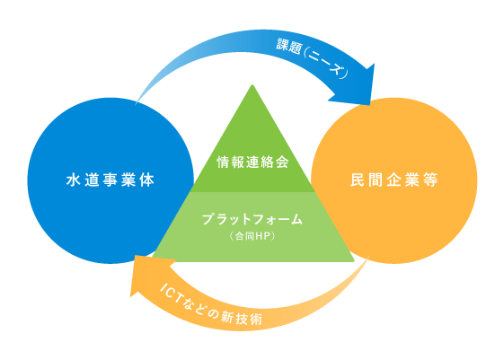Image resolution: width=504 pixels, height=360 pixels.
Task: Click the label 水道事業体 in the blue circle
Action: tap(111, 180)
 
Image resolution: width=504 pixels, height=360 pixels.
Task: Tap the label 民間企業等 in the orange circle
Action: tap(394, 180)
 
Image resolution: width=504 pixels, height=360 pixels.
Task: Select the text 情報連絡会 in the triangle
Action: tap(252, 162)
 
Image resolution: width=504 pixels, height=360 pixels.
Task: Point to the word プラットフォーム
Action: tap(252, 219)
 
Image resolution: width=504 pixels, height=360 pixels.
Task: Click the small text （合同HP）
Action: tap(252, 236)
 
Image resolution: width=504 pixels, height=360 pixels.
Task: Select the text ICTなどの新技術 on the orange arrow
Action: tap(211, 304)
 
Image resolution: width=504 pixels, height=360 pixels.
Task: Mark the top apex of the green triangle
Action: tap(252, 84)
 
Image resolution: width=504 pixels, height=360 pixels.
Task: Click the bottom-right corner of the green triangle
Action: tap(354, 260)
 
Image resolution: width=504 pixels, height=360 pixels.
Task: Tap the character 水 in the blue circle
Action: tap(74, 180)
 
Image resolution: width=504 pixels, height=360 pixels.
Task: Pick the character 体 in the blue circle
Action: tap(147, 180)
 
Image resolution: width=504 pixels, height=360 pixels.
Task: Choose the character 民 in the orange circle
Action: tap(357, 180)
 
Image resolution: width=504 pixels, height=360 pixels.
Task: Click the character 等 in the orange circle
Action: tap(431, 180)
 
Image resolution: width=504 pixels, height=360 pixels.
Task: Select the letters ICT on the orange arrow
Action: tap(171, 293)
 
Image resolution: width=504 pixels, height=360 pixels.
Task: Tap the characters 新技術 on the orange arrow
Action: tap(242, 317)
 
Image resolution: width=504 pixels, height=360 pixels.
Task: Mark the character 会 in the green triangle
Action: tap(282, 162)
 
